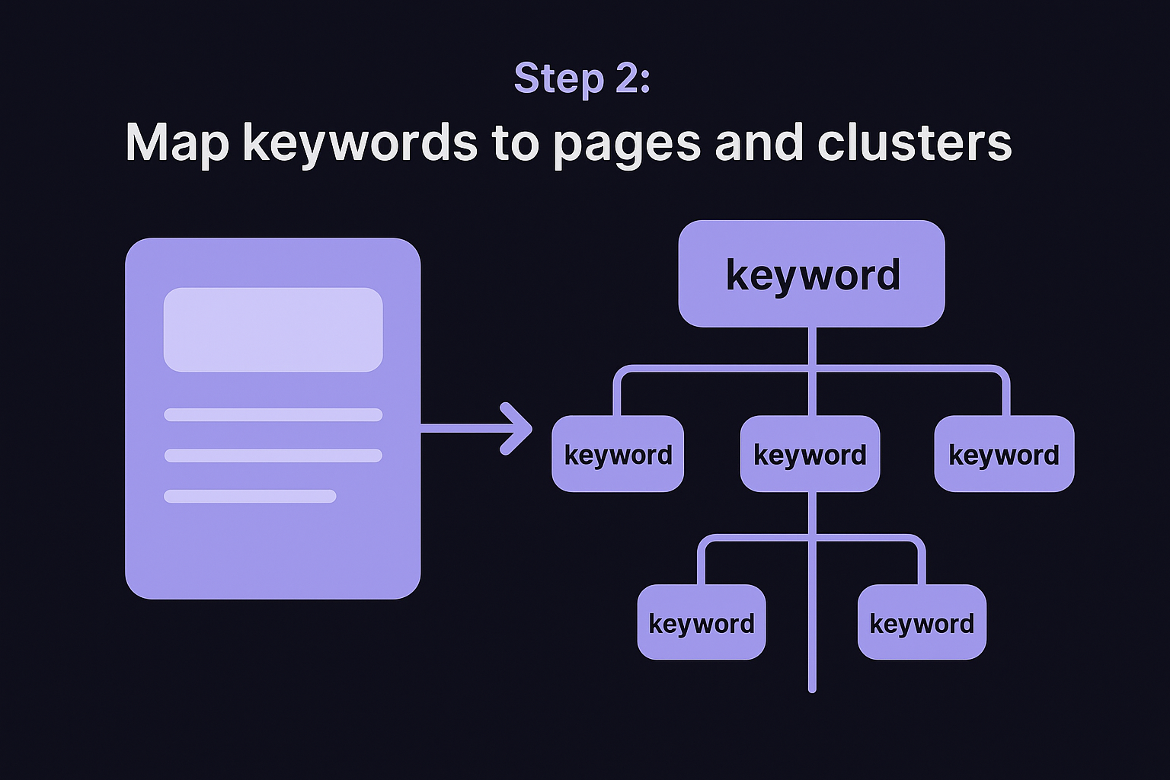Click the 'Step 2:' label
(582, 78)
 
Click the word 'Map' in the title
(177, 142)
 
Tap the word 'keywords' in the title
(360, 142)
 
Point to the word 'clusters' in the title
(914, 142)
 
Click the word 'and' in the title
(759, 142)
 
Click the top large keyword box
(811, 274)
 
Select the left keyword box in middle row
(618, 454)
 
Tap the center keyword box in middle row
(810, 454)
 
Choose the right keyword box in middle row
(1004, 454)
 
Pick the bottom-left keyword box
(701, 622)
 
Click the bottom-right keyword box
(922, 622)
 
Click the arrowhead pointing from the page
(519, 428)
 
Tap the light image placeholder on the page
(273, 329)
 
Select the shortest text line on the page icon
(250, 497)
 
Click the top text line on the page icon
(273, 414)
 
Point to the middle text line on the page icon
(273, 456)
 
